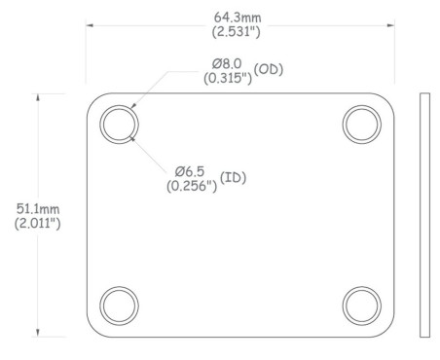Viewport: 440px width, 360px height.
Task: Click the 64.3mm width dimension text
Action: tap(238, 18)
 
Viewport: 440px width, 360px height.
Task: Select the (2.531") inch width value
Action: tap(237, 31)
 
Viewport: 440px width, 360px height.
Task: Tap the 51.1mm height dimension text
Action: tap(38, 209)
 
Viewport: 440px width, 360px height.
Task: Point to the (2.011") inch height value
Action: tap(37, 224)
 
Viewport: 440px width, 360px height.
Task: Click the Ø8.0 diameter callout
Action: tap(227, 63)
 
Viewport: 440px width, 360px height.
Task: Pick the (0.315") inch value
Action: tap(228, 78)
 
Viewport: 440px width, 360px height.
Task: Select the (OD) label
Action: tap(269, 69)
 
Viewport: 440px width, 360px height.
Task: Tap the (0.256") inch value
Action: tap(192, 186)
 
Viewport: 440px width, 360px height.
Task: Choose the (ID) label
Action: tap(233, 177)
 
